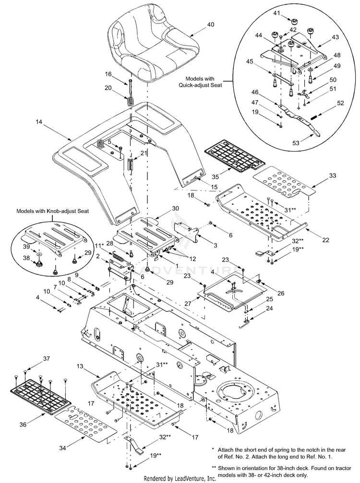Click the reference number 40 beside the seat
tap(211, 24)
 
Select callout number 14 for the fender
tap(38, 122)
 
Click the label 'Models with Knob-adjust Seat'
tap(52, 211)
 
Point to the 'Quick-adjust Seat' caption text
tap(200, 85)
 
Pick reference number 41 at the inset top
tap(277, 13)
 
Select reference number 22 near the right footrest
tap(325, 240)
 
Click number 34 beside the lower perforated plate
tap(62, 448)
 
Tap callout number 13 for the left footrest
tap(80, 366)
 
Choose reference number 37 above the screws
tap(46, 359)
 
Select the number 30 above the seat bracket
tap(175, 209)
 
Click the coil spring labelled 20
tap(131, 101)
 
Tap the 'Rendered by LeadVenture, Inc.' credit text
tap(180, 478)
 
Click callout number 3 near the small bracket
tap(216, 245)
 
